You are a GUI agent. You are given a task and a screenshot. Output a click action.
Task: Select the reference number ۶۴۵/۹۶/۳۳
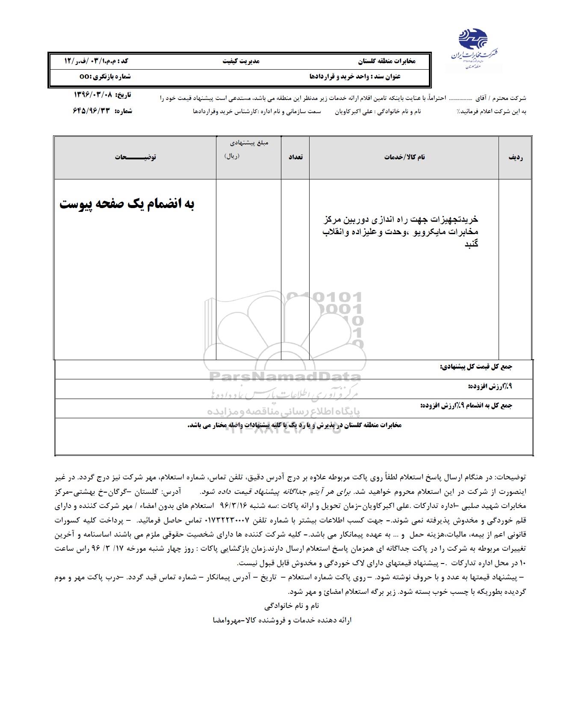(x=92, y=111)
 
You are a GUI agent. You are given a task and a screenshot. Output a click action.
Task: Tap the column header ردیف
(x=516, y=157)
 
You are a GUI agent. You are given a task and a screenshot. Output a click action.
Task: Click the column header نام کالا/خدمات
(x=404, y=157)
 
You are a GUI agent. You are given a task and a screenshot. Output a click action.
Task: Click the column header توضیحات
(x=135, y=157)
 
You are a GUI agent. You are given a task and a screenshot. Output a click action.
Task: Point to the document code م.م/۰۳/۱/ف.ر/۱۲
(x=96, y=61)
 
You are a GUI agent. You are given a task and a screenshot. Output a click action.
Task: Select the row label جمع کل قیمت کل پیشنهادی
(x=476, y=367)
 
